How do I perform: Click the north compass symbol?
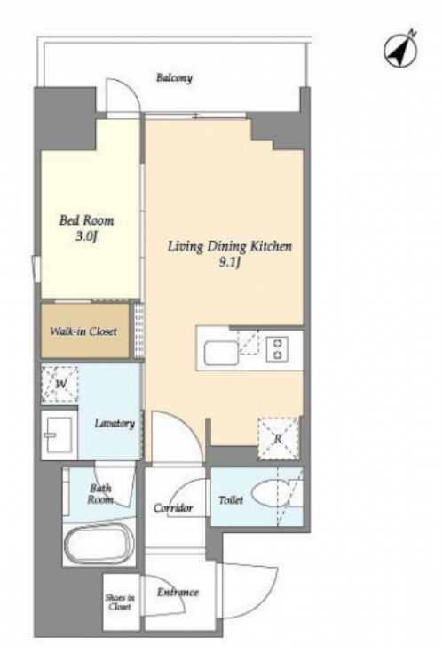pos(400,51)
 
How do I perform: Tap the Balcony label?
pos(174,78)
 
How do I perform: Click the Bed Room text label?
pos(86,220)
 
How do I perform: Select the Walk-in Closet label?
pos(83,331)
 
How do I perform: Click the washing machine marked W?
pos(60,384)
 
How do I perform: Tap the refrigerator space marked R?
pos(278,439)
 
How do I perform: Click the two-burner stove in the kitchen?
pos(277,349)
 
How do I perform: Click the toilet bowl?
pos(270,493)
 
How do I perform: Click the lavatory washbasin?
pos(59,435)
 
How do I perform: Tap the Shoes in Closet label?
pos(120,602)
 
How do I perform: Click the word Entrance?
pos(178,592)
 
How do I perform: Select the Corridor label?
pos(173,507)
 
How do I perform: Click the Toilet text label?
pos(231,500)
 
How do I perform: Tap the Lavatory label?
pos(115,424)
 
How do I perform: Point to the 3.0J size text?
pos(86,237)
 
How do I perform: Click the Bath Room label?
pos(100,494)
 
